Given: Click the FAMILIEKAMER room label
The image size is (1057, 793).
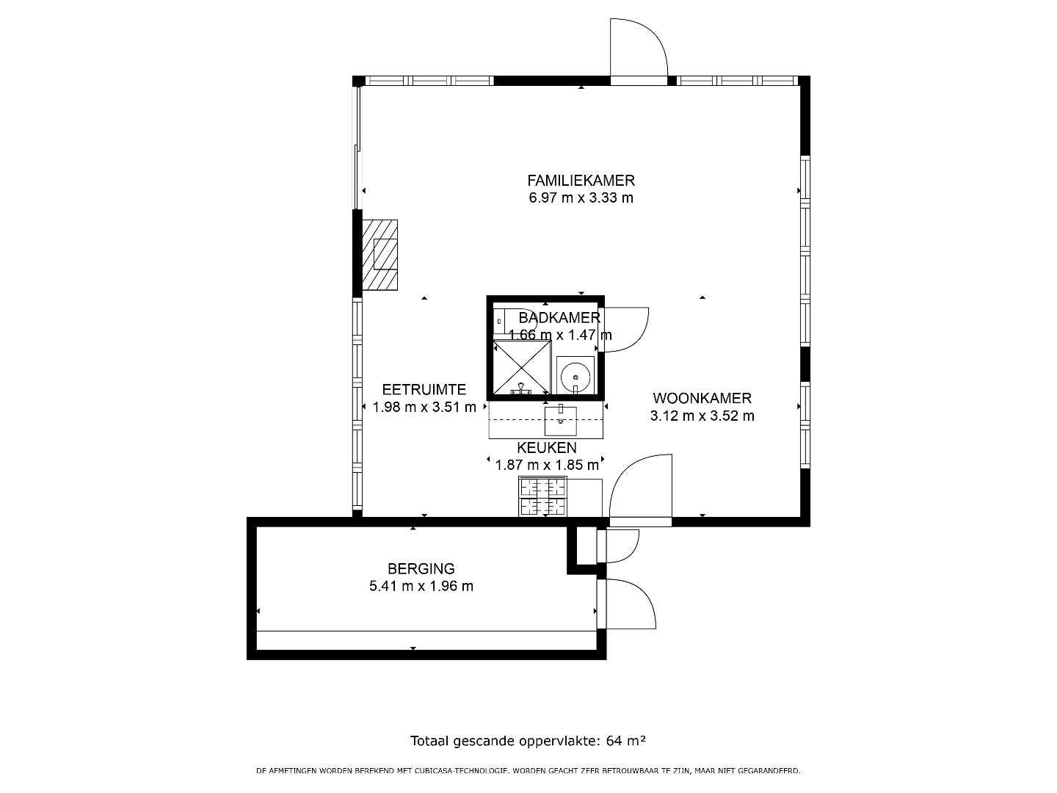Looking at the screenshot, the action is (581, 181).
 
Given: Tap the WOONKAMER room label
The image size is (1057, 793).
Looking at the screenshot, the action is (702, 398).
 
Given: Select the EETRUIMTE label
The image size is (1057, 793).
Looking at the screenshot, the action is (424, 389).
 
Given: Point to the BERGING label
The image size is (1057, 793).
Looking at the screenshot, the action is (421, 568).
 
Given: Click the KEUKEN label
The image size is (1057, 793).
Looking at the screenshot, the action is (547, 448).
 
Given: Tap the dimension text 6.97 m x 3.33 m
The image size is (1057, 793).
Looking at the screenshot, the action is (581, 198).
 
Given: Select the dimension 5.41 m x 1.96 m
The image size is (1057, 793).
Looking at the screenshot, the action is (421, 586).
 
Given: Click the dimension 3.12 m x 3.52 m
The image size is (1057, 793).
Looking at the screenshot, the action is (702, 416).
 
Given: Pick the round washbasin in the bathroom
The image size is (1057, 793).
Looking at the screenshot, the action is (575, 375).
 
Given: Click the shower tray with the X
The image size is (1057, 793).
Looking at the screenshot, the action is (522, 367).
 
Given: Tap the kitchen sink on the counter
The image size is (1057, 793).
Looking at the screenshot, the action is (561, 421).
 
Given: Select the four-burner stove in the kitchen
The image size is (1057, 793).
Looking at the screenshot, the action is (542, 496).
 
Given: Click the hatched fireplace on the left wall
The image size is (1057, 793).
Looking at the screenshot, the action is (380, 255).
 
